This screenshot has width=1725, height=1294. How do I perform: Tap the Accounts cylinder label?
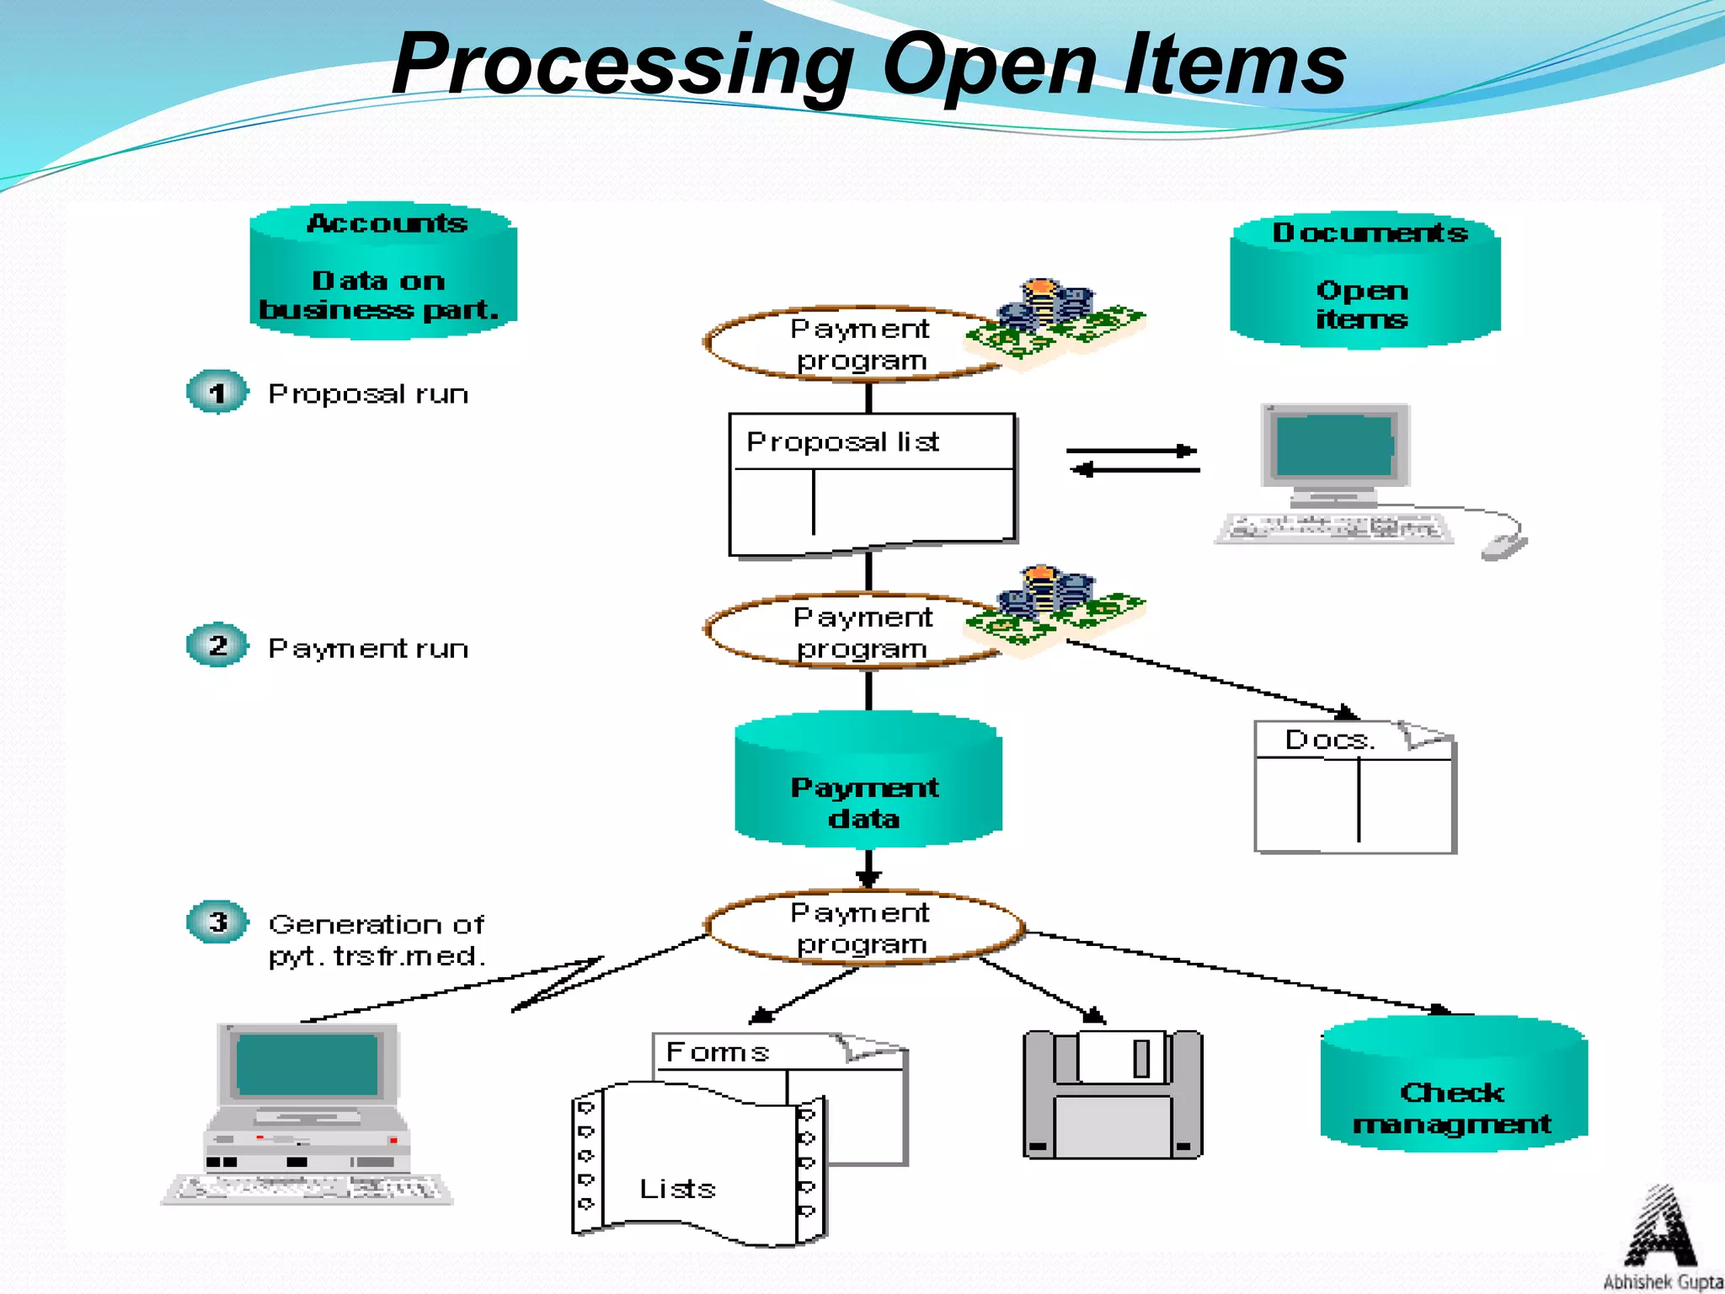386,223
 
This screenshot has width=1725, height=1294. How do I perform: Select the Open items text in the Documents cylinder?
1361,305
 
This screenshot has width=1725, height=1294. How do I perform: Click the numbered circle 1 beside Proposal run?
217,393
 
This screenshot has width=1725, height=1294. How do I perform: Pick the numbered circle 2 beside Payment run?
217,646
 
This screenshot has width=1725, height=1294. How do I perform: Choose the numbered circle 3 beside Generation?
217,922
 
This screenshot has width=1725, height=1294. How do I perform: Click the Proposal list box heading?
842,441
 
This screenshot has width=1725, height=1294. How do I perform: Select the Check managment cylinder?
1452,1095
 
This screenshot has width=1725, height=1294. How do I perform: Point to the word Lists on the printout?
677,1189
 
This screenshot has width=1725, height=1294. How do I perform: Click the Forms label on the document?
718,1052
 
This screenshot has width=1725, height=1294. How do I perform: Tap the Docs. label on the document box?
1329,741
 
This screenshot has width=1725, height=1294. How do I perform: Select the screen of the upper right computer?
1334,446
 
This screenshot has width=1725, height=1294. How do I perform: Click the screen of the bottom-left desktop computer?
307,1065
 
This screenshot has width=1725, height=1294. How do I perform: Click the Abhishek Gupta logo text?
1662,1281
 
